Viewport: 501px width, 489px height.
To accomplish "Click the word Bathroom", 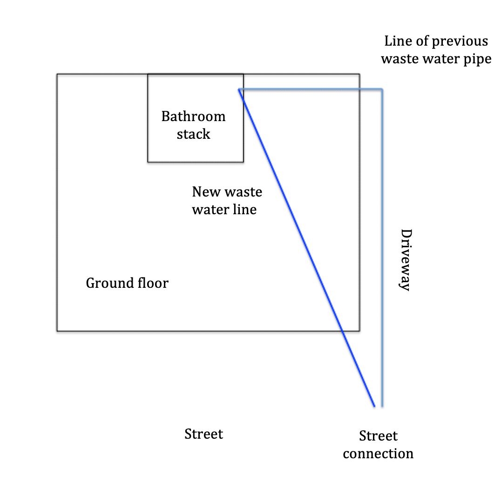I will coord(193,116).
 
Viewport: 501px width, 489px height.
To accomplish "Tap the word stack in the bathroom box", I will coord(193,134).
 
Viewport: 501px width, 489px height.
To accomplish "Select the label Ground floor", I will coord(127,283).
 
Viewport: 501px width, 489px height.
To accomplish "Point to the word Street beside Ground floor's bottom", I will coord(203,434).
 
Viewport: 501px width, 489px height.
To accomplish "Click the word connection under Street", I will coord(378,454).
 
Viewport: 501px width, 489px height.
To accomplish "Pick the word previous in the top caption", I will coord(460,41).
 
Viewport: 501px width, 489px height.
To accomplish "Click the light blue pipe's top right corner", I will coord(382,88).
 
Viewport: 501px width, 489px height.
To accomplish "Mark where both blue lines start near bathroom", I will coord(239,89).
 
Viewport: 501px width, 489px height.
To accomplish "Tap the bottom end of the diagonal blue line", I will coord(374,406).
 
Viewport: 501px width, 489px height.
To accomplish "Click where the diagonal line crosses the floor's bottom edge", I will coord(342,331).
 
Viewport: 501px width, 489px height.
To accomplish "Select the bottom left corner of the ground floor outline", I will coord(57,331).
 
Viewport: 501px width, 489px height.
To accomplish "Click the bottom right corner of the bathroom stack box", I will coord(243,162).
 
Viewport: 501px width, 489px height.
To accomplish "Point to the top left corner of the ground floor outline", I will coord(57,74).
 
